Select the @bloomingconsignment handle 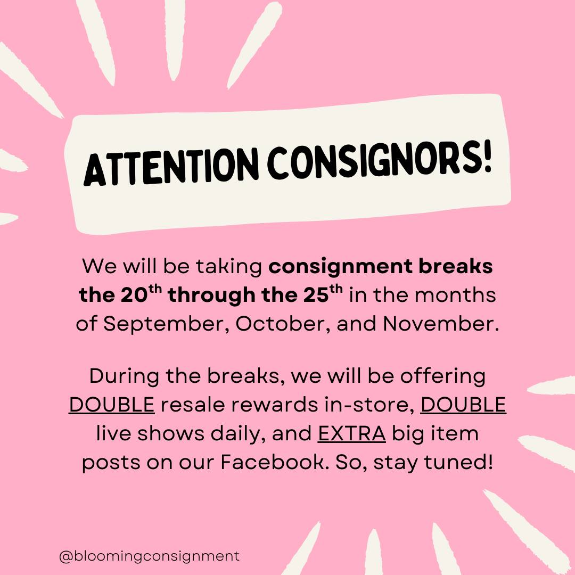pos(149,556)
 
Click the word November pos(441,324)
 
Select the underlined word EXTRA pos(352,433)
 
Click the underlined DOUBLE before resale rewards pos(111,405)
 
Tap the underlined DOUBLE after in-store pos(463,405)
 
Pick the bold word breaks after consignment pos(456,266)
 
